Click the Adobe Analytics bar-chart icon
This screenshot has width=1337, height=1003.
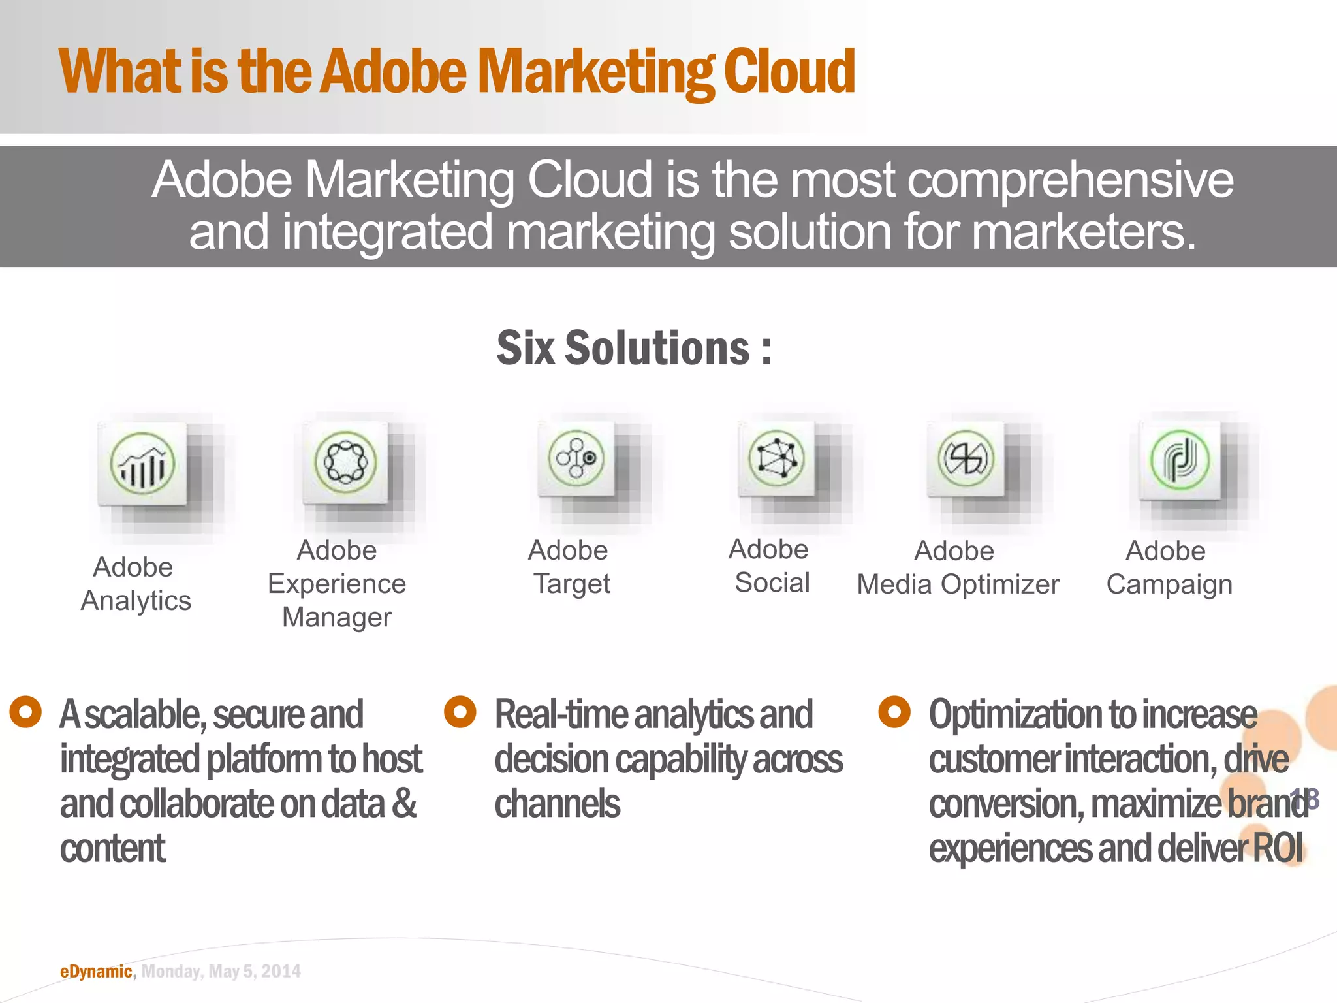(142, 463)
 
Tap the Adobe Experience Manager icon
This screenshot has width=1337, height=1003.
(345, 462)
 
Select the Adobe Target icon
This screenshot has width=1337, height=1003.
(576, 458)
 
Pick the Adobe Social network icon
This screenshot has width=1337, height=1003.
(776, 458)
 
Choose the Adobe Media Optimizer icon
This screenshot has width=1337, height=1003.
(966, 458)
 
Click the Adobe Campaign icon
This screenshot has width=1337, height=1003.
(1180, 460)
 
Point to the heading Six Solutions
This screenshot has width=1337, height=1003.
(634, 348)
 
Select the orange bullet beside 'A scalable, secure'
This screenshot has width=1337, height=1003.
(26, 712)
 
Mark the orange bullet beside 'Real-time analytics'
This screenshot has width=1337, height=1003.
(460, 712)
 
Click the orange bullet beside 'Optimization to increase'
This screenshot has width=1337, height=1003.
(894, 712)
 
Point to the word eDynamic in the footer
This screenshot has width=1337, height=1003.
(96, 972)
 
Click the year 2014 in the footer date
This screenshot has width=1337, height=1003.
(281, 972)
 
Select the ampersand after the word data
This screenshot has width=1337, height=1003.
(404, 804)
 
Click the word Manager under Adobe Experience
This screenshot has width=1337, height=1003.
(337, 617)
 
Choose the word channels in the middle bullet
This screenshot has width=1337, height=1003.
(557, 804)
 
